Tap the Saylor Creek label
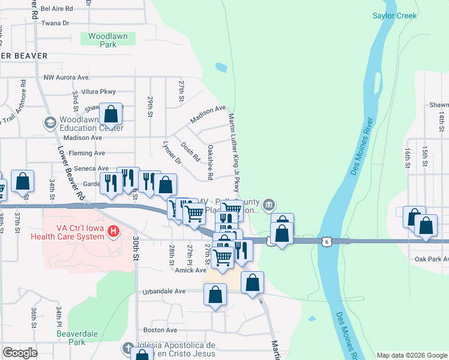point(394,16)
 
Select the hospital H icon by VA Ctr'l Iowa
point(112,230)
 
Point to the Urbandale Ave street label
point(164,292)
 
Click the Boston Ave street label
point(160,330)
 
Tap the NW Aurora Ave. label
point(67,78)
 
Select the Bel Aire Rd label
point(57,9)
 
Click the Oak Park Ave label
point(432,259)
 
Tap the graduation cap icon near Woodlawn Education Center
point(50,124)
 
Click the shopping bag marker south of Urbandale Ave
point(215,295)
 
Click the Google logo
point(20,353)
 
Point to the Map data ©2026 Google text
point(412,355)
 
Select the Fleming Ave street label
point(87,154)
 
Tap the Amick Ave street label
point(191,270)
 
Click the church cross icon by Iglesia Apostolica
point(127,348)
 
